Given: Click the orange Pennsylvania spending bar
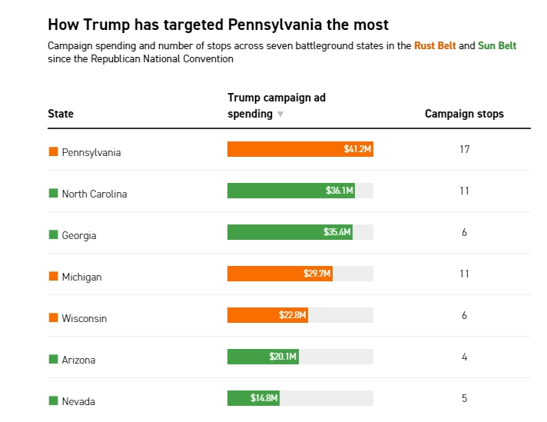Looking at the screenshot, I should (300, 149).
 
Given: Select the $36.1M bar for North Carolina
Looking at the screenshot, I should (290, 191).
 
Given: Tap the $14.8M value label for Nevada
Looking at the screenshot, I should (264, 398).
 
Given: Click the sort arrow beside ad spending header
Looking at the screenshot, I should (280, 115).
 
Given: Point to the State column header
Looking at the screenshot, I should (61, 114).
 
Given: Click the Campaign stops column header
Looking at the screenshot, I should (464, 114).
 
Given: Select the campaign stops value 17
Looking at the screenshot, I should (464, 149).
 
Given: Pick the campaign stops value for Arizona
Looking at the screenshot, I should (464, 357).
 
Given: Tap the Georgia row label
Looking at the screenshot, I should (79, 235).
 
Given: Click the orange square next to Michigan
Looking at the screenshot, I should (53, 276).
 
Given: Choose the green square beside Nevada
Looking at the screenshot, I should (53, 400).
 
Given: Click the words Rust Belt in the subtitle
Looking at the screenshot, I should (435, 46).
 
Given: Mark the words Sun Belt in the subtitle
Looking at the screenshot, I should (497, 46).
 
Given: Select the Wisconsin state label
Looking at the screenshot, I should (85, 318).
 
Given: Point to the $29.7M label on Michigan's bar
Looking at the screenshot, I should (317, 274).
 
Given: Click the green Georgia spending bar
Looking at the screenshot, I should (290, 232).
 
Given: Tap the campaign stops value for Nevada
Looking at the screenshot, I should (464, 398).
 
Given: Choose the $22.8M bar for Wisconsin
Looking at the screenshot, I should (267, 315).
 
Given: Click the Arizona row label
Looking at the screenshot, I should (78, 360).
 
